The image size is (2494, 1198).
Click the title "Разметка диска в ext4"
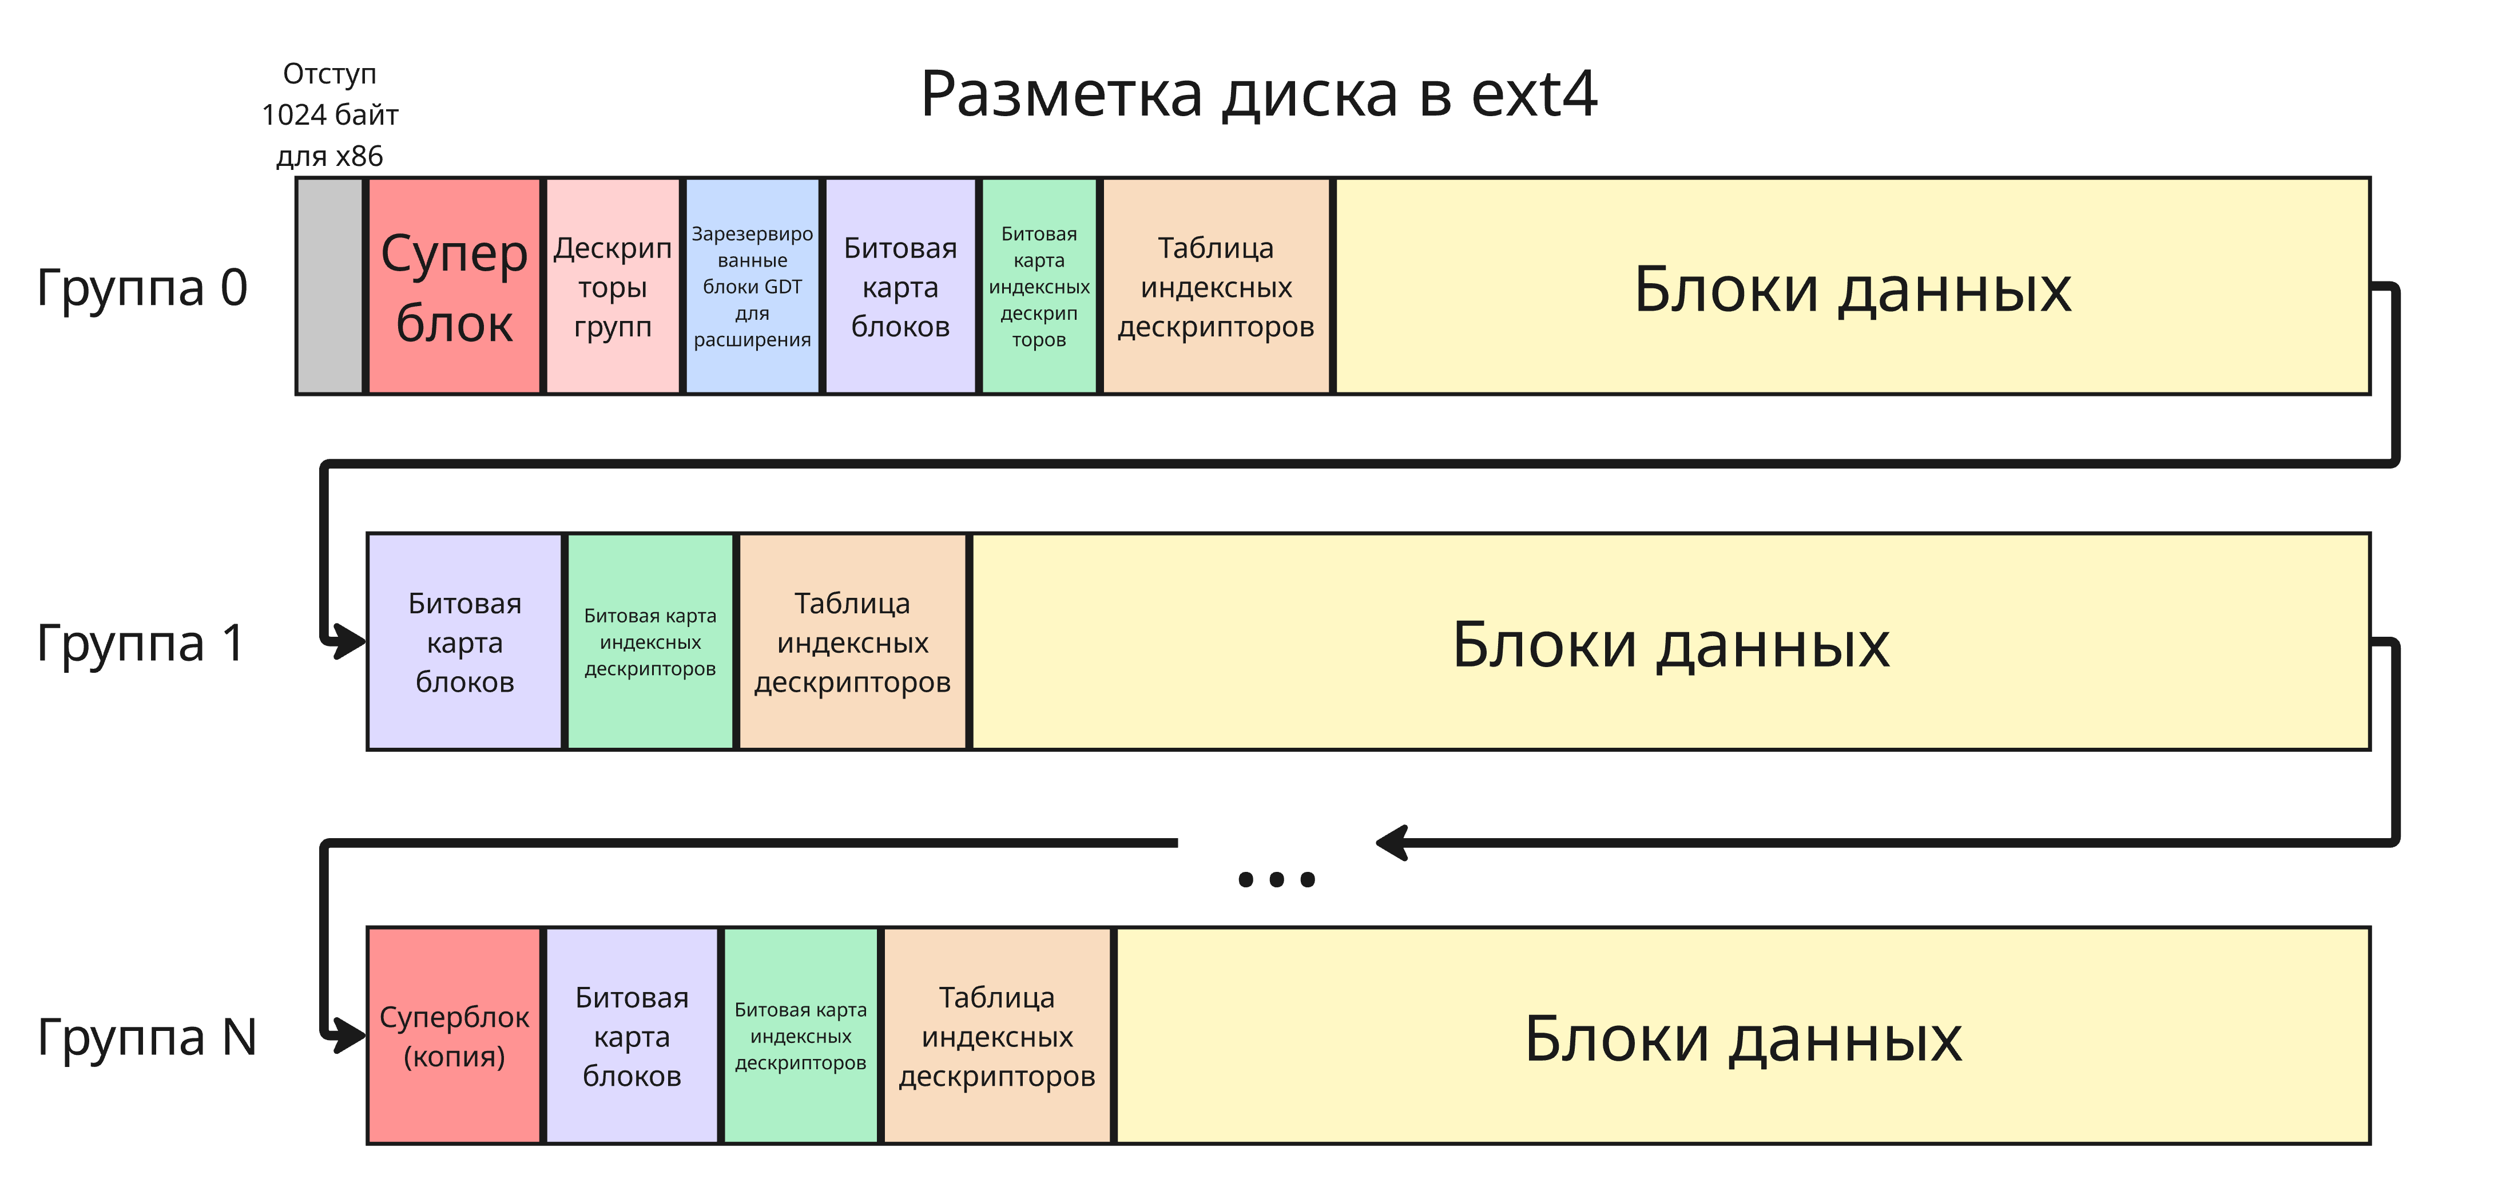coord(1258,95)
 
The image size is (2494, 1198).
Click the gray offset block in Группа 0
coord(329,285)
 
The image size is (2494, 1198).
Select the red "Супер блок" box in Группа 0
coord(454,285)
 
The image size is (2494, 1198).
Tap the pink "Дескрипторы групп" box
coord(612,285)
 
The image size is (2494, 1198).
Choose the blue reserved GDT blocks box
coord(752,285)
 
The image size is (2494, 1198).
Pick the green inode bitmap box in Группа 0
coord(1039,285)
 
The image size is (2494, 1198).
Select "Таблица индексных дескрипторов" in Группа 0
coord(1216,285)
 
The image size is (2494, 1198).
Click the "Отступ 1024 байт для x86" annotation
coord(329,114)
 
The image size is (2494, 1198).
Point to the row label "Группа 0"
coord(142,288)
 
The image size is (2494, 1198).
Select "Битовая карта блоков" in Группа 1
coord(464,642)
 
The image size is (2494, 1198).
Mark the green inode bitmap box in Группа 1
coord(650,642)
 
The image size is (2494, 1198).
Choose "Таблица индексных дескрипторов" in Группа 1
coord(852,642)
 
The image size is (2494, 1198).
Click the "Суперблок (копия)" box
coord(454,1036)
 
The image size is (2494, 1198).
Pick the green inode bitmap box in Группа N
coord(801,1036)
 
